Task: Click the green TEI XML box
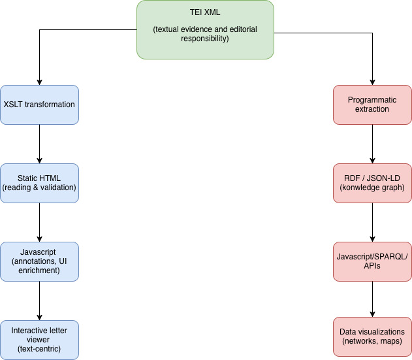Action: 205,30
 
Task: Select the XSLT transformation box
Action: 40,105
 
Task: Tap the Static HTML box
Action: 40,183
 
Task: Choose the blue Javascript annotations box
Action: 40,261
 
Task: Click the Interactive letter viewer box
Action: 40,340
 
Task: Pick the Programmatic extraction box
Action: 372,105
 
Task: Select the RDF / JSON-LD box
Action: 372,183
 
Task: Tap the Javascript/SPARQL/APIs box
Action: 372,261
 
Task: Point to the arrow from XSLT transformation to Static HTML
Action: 40,144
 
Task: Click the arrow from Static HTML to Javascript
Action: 40,222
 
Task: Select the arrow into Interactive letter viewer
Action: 40,301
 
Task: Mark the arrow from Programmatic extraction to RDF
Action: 372,144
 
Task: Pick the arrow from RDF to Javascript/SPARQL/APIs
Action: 372,222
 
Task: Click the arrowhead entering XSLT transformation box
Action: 40,81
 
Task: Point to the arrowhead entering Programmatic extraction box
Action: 372,81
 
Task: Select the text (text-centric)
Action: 40,350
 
